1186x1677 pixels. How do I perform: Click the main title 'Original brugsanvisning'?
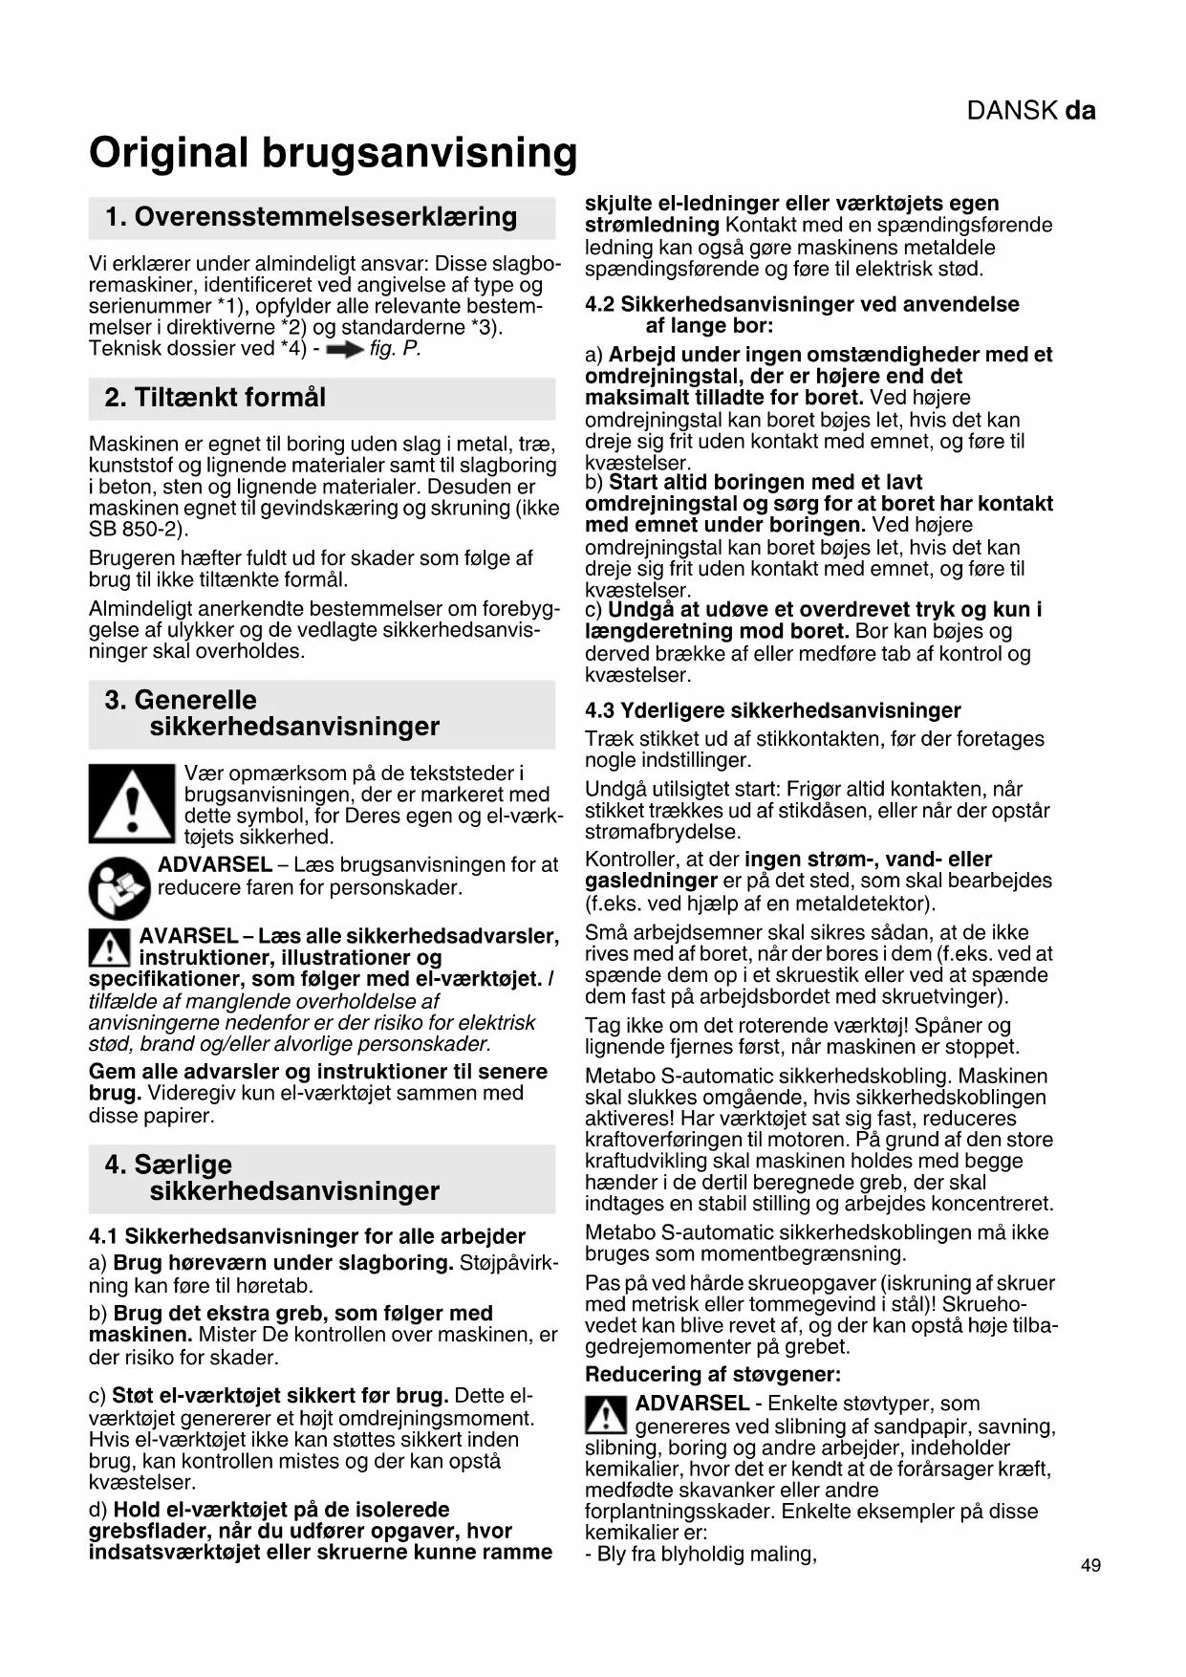[x=333, y=153]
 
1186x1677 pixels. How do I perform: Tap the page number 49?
[x=1090, y=1566]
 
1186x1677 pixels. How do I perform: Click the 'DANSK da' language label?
[x=1030, y=111]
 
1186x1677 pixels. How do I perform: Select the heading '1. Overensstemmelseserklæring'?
[x=311, y=217]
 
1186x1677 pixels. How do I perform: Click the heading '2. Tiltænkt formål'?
[x=215, y=398]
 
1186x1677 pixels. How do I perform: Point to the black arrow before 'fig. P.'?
[x=344, y=351]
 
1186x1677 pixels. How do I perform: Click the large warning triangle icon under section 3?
[x=132, y=803]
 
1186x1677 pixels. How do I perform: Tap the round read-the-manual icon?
[x=119, y=889]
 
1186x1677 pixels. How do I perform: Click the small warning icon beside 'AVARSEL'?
[x=110, y=947]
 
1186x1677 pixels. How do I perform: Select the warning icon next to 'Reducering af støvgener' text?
[x=606, y=1415]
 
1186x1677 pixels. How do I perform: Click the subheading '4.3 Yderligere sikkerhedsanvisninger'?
[x=772, y=710]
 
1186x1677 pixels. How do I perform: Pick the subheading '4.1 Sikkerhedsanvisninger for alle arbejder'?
[x=307, y=1236]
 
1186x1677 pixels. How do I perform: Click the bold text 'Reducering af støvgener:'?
[x=712, y=1375]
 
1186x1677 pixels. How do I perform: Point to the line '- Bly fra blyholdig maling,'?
[x=701, y=1554]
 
